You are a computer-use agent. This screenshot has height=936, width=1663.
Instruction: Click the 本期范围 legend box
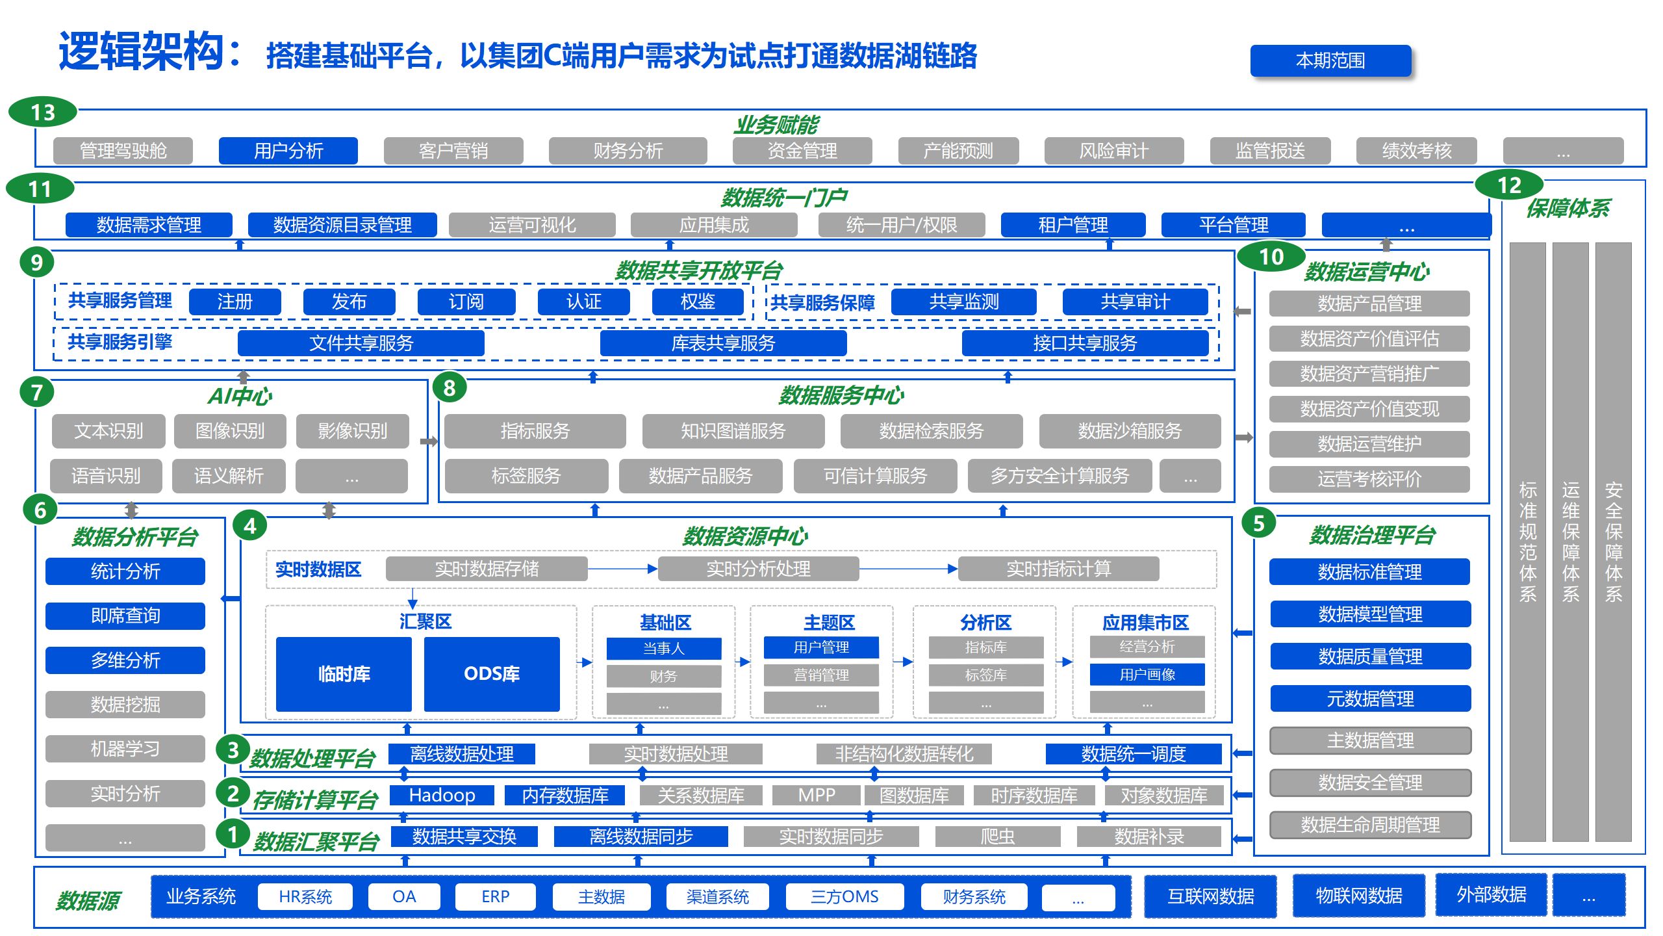[x=1330, y=60]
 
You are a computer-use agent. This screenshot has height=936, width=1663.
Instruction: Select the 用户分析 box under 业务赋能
[x=288, y=151]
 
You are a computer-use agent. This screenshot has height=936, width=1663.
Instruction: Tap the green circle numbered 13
[x=43, y=112]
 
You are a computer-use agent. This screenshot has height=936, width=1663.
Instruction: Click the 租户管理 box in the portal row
[x=1073, y=225]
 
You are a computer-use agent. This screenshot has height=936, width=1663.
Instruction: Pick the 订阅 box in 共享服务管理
[x=466, y=302]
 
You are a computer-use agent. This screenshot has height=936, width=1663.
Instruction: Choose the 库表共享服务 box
[x=722, y=343]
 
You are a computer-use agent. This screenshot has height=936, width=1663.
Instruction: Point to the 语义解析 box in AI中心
[x=228, y=476]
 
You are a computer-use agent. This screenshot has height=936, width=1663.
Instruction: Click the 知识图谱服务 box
[x=733, y=431]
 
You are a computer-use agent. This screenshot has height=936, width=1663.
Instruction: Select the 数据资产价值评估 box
[x=1369, y=339]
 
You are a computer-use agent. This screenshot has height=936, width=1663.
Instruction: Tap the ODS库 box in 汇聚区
[x=491, y=674]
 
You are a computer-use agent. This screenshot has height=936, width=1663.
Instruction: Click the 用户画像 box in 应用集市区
[x=1147, y=675]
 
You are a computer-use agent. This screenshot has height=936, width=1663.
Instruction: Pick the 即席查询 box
[x=125, y=616]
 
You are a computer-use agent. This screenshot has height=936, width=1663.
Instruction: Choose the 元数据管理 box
[x=1369, y=699]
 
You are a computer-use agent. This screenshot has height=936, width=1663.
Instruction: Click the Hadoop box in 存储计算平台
[x=442, y=795]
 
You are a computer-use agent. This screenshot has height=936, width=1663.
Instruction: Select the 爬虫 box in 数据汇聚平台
[x=997, y=837]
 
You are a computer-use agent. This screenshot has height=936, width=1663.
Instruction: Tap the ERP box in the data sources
[x=495, y=896]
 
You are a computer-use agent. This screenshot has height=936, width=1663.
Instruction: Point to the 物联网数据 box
[x=1358, y=896]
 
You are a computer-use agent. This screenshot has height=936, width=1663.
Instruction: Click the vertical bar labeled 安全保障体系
[x=1613, y=542]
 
